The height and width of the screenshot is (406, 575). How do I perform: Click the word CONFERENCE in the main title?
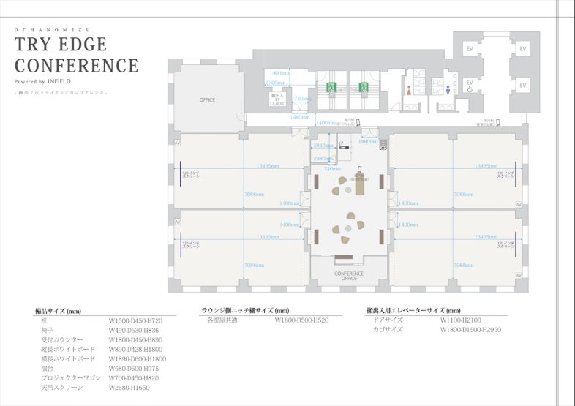76,66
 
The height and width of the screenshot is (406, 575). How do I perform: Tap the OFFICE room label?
207,99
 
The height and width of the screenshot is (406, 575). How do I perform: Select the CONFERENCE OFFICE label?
349,276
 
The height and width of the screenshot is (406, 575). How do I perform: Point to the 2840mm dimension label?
323,146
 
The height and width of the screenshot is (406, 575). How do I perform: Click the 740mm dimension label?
332,168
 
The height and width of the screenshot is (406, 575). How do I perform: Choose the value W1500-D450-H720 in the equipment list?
135,321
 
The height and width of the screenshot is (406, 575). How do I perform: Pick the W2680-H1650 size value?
128,388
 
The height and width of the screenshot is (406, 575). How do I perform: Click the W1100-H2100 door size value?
461,320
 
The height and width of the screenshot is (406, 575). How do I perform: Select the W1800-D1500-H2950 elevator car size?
470,330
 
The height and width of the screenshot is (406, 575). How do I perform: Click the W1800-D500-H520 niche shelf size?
301,320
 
